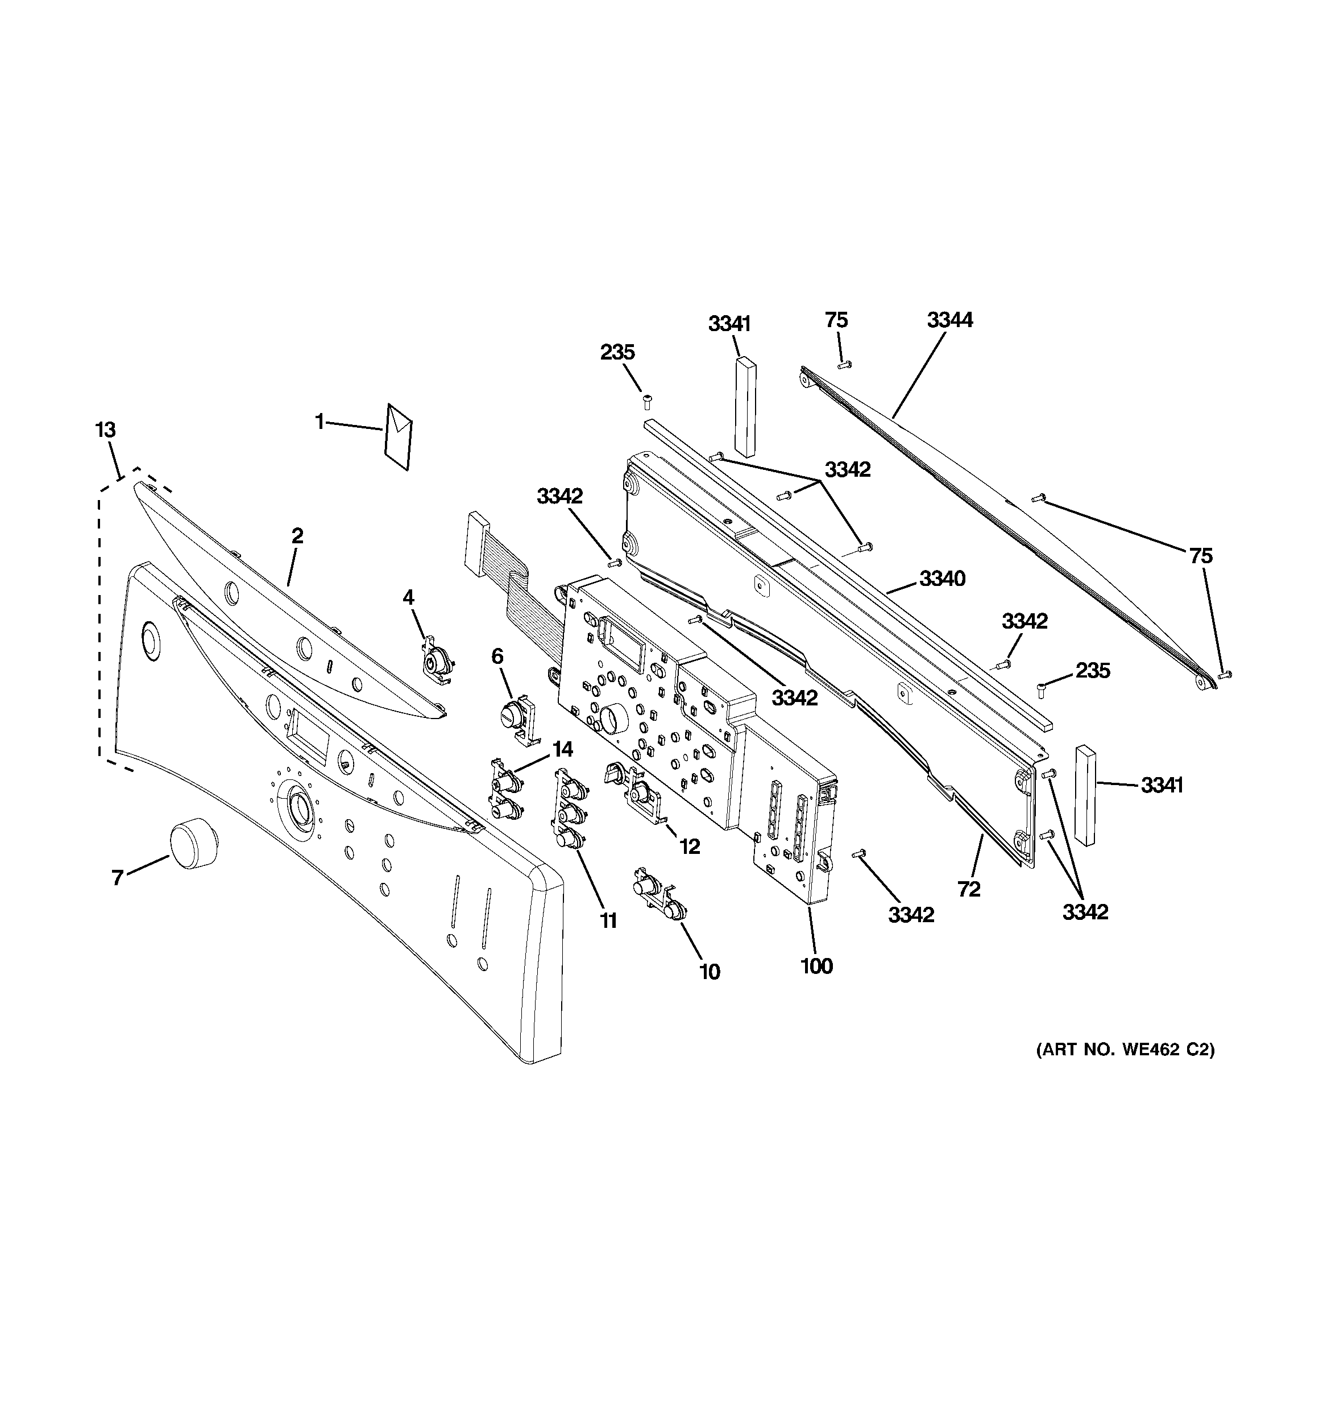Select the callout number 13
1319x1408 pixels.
click(x=106, y=430)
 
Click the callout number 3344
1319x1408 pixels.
click(x=949, y=320)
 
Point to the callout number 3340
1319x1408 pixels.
click(x=941, y=579)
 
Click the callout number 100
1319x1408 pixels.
click(x=816, y=966)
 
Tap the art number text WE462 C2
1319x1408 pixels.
click(x=1125, y=1070)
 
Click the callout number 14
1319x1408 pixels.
click(x=562, y=749)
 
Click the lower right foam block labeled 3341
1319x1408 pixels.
click(x=1085, y=795)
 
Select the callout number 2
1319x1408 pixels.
click(x=297, y=535)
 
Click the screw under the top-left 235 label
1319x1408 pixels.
click(x=646, y=402)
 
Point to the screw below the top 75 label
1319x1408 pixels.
click(x=843, y=365)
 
